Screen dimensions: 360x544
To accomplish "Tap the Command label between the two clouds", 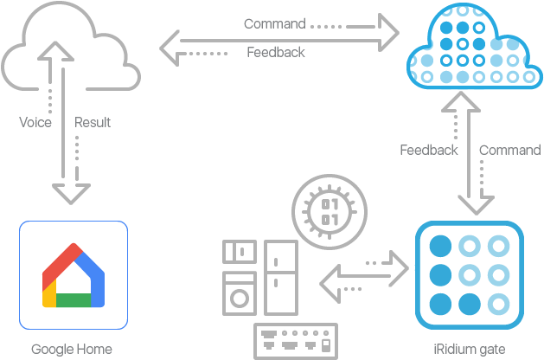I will (x=274, y=24).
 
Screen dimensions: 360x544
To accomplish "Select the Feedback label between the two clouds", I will (x=275, y=53).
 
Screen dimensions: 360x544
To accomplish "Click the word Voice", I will (x=35, y=123).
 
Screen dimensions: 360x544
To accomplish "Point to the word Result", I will (x=93, y=123).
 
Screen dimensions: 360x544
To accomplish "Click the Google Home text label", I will (x=72, y=350).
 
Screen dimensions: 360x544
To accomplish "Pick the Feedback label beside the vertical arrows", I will (x=428, y=151).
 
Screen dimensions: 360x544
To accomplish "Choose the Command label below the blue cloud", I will (x=509, y=151).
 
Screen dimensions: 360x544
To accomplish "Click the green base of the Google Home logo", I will (x=74, y=300).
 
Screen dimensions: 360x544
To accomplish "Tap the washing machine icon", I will (x=240, y=292).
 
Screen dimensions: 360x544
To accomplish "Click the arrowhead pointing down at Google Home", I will (x=72, y=193).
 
